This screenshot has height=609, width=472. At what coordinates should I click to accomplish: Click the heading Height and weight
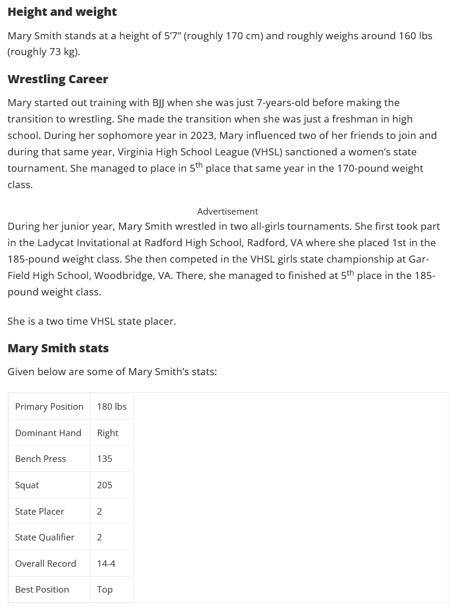[62, 12]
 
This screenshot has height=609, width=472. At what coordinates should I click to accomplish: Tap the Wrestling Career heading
[57, 79]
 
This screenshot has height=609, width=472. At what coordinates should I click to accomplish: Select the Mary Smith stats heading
[57, 348]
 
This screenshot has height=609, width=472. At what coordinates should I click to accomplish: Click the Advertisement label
[227, 211]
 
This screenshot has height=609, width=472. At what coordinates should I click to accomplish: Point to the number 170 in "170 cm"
[234, 36]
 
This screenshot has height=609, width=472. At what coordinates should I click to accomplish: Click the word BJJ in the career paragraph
[158, 103]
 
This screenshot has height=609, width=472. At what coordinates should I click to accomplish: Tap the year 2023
[202, 135]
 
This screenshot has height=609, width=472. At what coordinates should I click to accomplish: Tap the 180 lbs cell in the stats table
[111, 406]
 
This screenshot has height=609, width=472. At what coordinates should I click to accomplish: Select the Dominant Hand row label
[48, 433]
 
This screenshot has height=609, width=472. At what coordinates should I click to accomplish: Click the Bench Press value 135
[104, 458]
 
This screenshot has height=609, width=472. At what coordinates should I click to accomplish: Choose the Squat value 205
[104, 485]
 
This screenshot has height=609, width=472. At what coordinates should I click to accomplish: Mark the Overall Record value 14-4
[106, 563]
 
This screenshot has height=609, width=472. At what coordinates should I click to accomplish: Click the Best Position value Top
[104, 589]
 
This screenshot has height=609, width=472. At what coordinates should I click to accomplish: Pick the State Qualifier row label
[45, 537]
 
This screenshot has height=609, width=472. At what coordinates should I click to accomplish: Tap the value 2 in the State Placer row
[99, 511]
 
